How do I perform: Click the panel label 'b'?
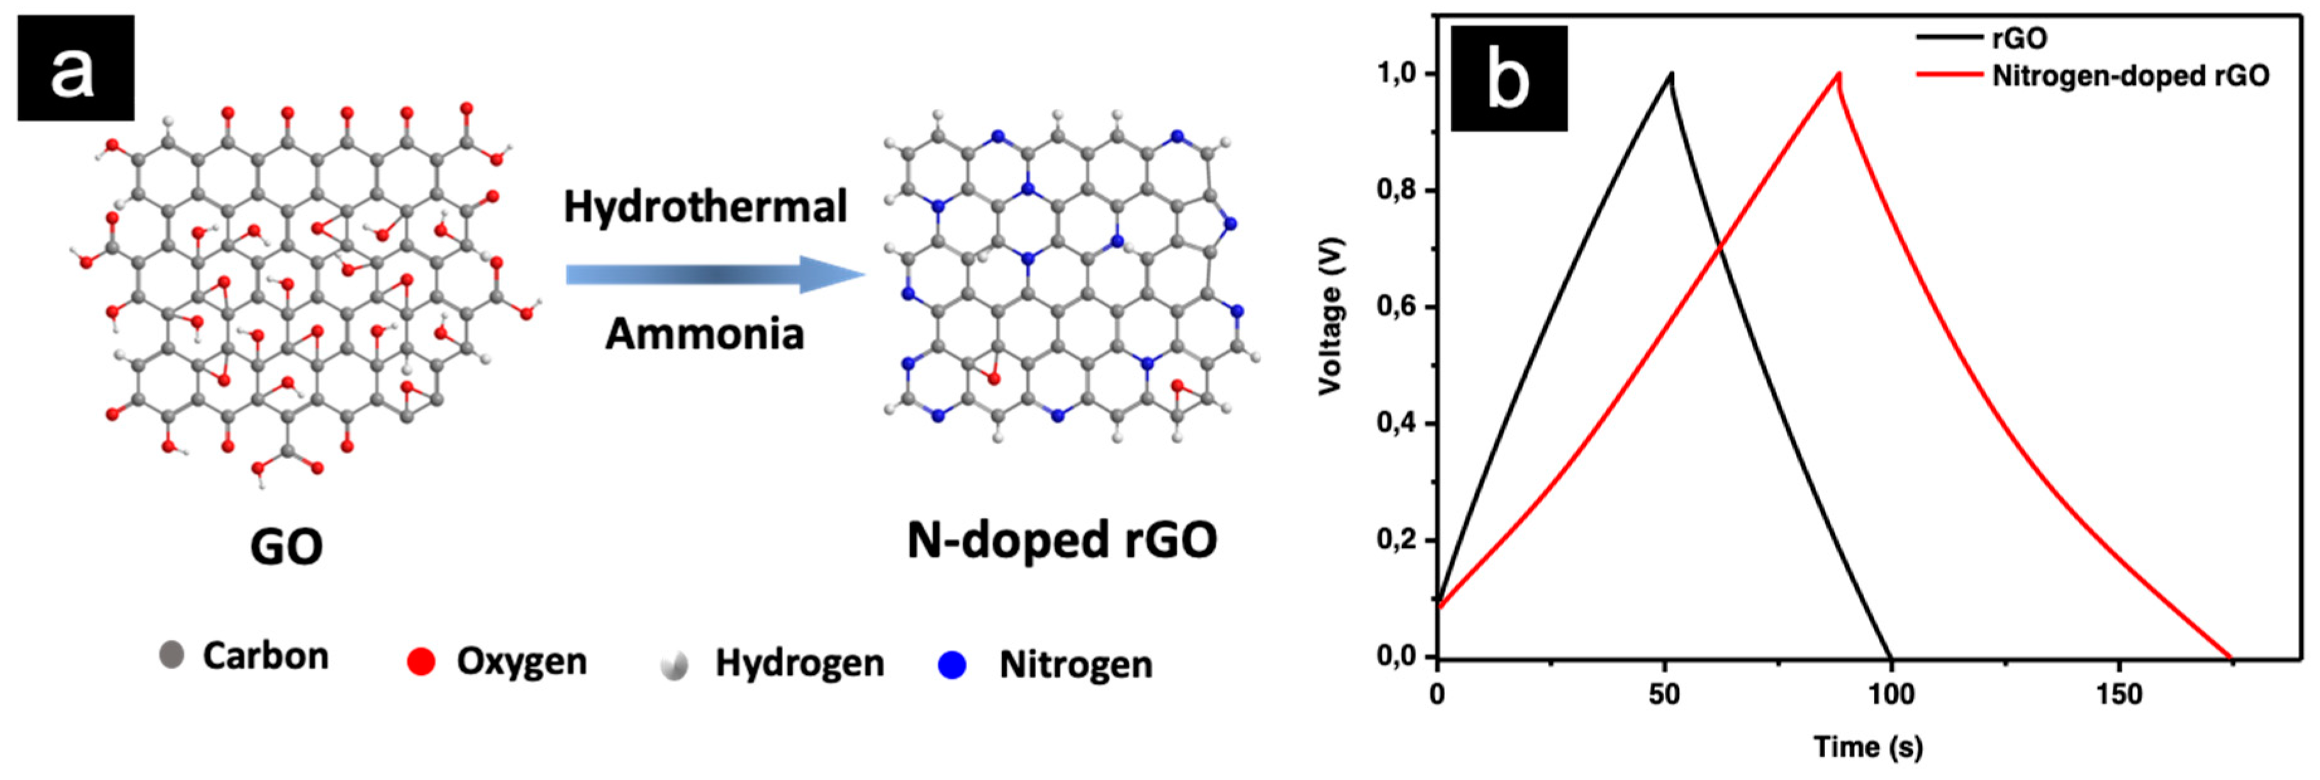pyautogui.click(x=1509, y=79)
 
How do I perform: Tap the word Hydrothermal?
pyautogui.click(x=705, y=206)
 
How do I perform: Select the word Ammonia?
pyautogui.click(x=705, y=333)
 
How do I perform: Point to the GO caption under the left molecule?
pyautogui.click(x=286, y=546)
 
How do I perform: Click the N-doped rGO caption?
pyautogui.click(x=1062, y=540)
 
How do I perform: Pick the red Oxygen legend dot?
pyautogui.click(x=421, y=662)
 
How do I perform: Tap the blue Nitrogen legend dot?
pyautogui.click(x=952, y=665)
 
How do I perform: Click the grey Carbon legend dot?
pyautogui.click(x=171, y=655)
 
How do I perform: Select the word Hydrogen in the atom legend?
pyautogui.click(x=799, y=663)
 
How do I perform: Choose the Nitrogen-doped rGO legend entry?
pyautogui.click(x=2130, y=75)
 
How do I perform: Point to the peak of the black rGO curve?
pyautogui.click(x=1671, y=75)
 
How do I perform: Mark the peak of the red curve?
pyautogui.click(x=1838, y=75)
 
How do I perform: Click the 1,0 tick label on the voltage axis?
pyautogui.click(x=1396, y=74)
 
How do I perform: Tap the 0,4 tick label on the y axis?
pyautogui.click(x=1396, y=423)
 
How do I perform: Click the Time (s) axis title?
pyautogui.click(x=1868, y=747)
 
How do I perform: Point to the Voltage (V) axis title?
pyautogui.click(x=1331, y=315)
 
